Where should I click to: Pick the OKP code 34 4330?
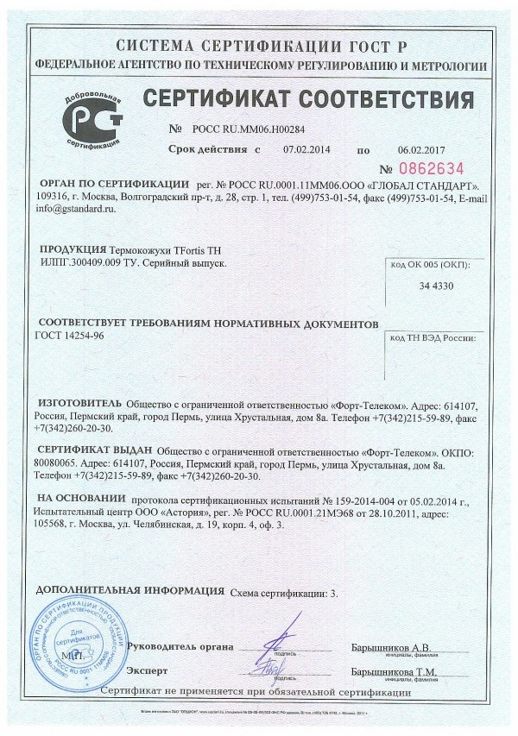click(437, 286)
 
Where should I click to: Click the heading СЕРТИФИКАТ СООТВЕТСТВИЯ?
click(308, 98)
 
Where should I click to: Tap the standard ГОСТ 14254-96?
click(70, 336)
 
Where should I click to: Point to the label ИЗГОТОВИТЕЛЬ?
click(79, 403)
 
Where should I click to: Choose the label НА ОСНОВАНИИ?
click(81, 499)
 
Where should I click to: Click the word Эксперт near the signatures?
click(147, 670)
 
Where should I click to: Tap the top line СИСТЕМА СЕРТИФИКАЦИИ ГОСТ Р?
click(260, 46)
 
